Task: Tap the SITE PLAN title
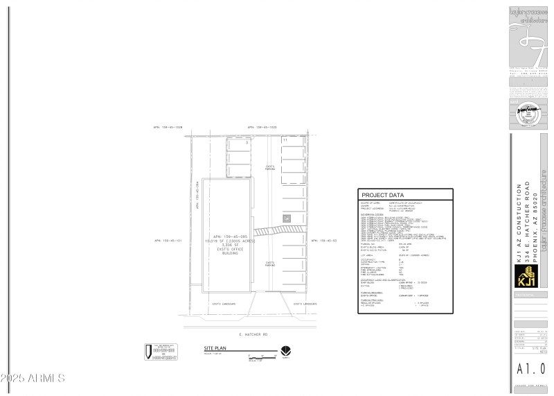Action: (x=215, y=348)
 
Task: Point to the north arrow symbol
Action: (x=285, y=351)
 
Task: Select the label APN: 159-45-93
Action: (x=324, y=241)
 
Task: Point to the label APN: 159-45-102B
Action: (x=168, y=128)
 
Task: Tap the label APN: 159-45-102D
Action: (x=262, y=128)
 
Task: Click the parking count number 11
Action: (x=285, y=140)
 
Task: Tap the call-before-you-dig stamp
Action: (x=161, y=352)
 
